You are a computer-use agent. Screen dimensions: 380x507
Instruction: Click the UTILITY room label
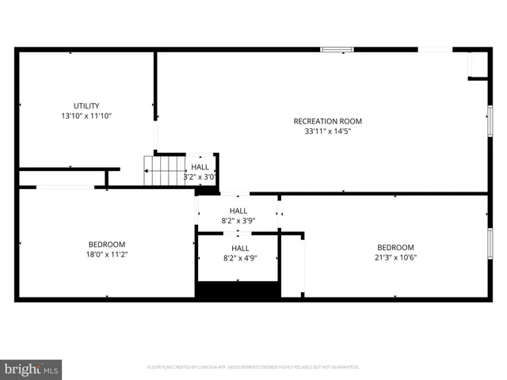86,105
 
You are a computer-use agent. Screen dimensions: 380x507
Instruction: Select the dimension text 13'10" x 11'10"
86,116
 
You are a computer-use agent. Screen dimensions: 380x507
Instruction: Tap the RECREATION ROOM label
327,121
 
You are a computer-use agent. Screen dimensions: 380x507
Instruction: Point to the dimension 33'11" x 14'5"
327,131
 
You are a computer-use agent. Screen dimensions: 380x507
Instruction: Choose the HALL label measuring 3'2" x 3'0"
200,167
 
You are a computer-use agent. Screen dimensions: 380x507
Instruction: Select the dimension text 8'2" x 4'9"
239,258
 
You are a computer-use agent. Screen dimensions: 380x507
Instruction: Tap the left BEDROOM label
106,245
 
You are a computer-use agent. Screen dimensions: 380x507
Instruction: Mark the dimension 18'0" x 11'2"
106,255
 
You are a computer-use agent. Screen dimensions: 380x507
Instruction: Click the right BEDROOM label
395,247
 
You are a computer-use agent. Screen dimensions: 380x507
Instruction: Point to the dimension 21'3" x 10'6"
395,257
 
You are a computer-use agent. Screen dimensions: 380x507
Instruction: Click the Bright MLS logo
32,369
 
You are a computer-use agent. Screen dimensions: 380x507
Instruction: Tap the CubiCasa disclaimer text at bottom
253,367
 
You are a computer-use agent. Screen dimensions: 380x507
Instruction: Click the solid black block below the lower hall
238,290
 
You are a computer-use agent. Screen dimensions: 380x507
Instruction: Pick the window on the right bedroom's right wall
490,242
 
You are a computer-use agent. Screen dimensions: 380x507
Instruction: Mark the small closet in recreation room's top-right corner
478,65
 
